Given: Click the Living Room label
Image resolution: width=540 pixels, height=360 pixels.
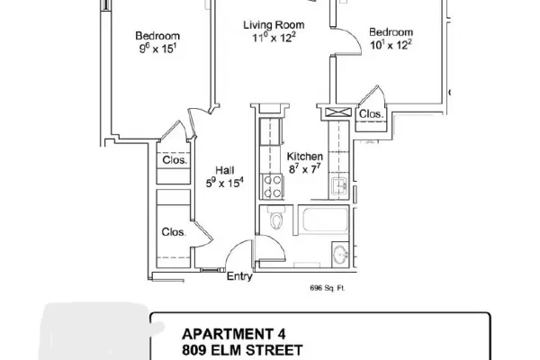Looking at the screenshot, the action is (x=274, y=25).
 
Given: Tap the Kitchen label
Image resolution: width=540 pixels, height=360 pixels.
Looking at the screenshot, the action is (x=305, y=157).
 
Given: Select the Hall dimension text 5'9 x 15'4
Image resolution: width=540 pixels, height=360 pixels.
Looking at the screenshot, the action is (x=224, y=182).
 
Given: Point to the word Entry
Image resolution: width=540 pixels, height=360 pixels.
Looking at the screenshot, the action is (x=239, y=276).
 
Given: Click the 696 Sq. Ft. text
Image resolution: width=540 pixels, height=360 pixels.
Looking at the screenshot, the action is (x=328, y=288).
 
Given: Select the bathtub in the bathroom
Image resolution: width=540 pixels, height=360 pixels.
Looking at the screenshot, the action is (x=325, y=220).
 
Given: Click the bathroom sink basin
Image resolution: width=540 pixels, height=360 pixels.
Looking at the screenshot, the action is (x=341, y=255).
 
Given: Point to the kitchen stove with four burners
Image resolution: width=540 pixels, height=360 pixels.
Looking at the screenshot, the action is (x=273, y=186).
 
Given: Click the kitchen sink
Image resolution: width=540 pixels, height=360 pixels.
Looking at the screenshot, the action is (x=339, y=186).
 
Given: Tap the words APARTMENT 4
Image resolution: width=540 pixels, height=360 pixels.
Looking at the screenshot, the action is (x=233, y=334).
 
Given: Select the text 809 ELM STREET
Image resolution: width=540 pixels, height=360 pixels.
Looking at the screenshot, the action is (x=242, y=350).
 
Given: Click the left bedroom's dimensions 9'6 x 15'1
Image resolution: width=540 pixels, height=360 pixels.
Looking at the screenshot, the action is (x=157, y=49).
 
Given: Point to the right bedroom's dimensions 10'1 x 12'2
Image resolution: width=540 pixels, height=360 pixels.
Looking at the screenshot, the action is (x=391, y=44).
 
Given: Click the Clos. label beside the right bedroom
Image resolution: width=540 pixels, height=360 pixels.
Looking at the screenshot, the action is (x=371, y=113).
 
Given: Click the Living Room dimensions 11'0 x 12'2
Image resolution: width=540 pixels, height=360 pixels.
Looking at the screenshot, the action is (x=274, y=38).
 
